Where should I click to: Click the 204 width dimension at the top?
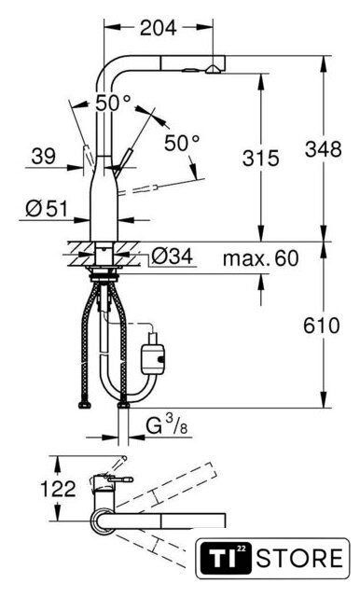158,28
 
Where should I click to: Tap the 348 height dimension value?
323,149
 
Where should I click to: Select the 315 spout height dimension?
261,158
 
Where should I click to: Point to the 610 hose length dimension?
321,326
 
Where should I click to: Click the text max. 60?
261,258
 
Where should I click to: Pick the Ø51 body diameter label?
46,208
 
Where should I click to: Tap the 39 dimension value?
44,156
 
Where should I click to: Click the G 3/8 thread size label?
167,425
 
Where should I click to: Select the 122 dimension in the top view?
58,489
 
